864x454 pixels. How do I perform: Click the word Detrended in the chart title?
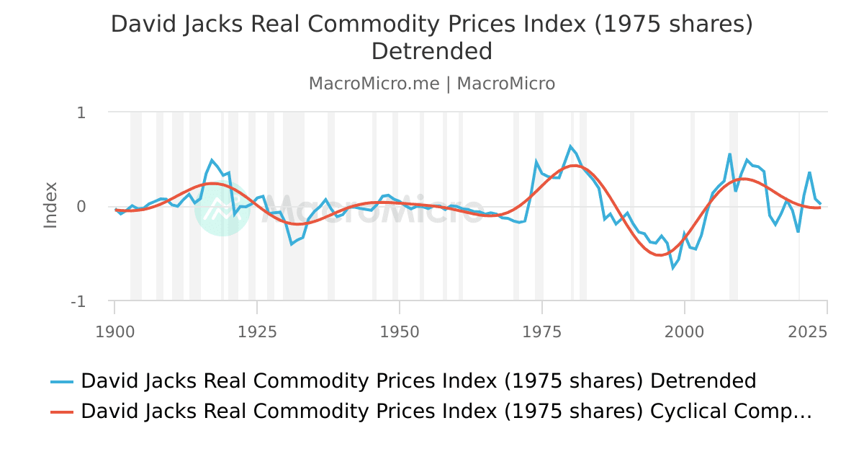pyautogui.click(x=432, y=52)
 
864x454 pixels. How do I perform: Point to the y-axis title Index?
pyautogui.click(x=50, y=205)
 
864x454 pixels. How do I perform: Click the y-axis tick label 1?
pyautogui.click(x=81, y=112)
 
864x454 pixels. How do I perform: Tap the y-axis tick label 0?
pyautogui.click(x=81, y=207)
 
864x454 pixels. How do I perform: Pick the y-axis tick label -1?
pyautogui.click(x=78, y=301)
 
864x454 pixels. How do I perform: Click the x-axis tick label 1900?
pyautogui.click(x=114, y=332)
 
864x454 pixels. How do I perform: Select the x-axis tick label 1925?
pyautogui.click(x=257, y=332)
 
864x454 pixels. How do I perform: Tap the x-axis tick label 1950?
pyautogui.click(x=400, y=332)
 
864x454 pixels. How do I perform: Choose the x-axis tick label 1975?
pyautogui.click(x=542, y=332)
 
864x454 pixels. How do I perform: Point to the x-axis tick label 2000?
pyautogui.click(x=685, y=332)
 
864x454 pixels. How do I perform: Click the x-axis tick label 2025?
pyautogui.click(x=807, y=332)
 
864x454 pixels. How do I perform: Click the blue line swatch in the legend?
pyautogui.click(x=62, y=381)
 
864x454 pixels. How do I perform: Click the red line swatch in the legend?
pyautogui.click(x=62, y=411)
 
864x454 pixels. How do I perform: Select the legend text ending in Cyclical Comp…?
pyautogui.click(x=446, y=411)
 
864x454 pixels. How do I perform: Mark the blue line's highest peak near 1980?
pyautogui.click(x=570, y=146)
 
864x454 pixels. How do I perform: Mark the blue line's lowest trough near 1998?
pyautogui.click(x=673, y=268)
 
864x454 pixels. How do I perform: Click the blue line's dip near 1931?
pyautogui.click(x=292, y=244)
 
